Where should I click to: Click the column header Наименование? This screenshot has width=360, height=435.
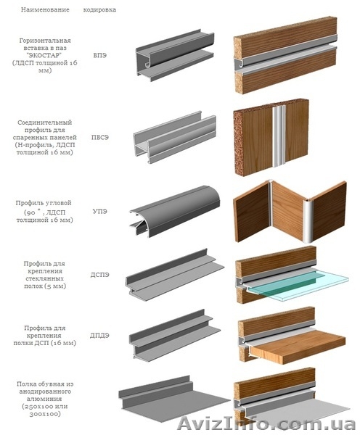coord(45,9)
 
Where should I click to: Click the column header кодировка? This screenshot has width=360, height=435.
coord(99,9)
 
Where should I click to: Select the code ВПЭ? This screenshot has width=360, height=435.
coord(99,55)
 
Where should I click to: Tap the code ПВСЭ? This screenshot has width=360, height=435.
coord(99,137)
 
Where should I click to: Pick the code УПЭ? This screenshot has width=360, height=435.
coord(99,211)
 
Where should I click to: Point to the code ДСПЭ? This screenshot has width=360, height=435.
coord(99,275)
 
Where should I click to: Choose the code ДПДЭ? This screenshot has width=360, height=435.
coord(99,336)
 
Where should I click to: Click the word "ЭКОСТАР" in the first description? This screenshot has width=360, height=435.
coord(45,55)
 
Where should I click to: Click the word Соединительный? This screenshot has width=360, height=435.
coord(45,123)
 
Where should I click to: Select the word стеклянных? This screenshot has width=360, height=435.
coord(45,278)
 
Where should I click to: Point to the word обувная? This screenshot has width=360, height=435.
coord(50,384)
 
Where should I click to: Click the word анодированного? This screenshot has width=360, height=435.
coord(45,391)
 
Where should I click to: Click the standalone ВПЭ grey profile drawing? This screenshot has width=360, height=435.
coord(175,56)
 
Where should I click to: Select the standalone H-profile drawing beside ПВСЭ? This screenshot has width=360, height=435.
coord(174,137)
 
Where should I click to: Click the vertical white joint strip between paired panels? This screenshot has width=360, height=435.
coord(279,136)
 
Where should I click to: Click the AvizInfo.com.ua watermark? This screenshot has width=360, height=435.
coord(266,423)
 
